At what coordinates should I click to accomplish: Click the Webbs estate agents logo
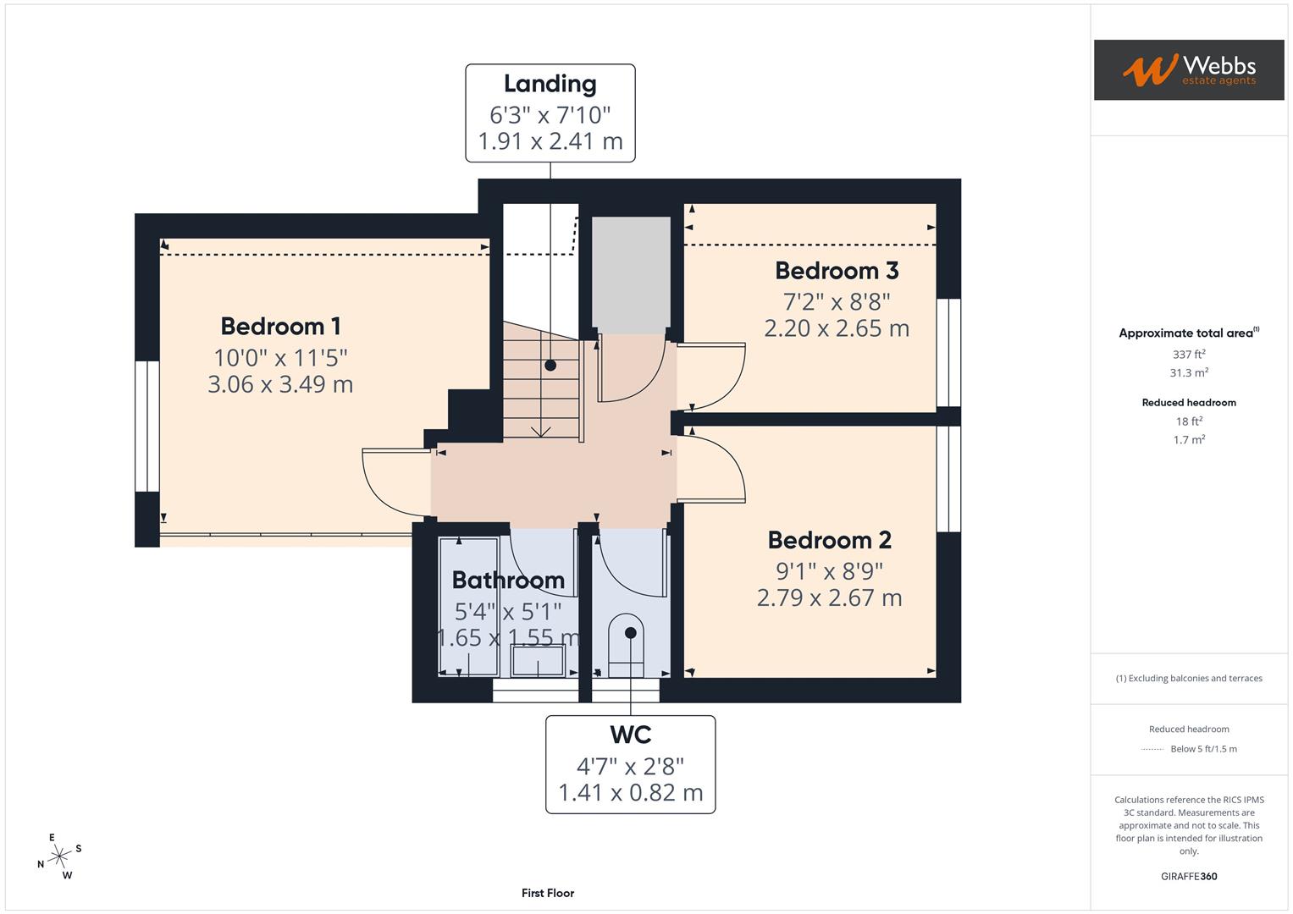click(x=1188, y=69)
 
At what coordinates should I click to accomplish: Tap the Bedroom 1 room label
click(x=280, y=326)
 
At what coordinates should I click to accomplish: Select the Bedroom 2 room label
click(x=829, y=540)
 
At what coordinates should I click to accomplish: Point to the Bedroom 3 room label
click(x=837, y=271)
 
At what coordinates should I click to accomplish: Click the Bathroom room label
click(x=508, y=581)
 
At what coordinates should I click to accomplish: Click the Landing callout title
click(x=550, y=84)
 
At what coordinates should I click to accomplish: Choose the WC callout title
click(x=630, y=735)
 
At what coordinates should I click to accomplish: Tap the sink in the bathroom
click(x=538, y=661)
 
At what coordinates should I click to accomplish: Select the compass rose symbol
click(x=59, y=856)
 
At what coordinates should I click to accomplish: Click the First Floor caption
click(x=548, y=893)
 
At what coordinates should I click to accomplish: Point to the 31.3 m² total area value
click(x=1189, y=372)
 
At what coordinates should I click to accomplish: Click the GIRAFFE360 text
click(x=1189, y=876)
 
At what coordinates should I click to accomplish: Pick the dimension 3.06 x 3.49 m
click(x=280, y=384)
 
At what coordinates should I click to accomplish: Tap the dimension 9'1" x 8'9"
click(x=829, y=570)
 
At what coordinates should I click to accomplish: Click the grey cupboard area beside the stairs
click(x=631, y=274)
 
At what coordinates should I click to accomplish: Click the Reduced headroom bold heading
click(x=1189, y=403)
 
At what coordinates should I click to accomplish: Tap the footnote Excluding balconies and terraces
click(x=1189, y=678)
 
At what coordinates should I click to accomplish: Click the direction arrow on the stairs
click(x=540, y=431)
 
